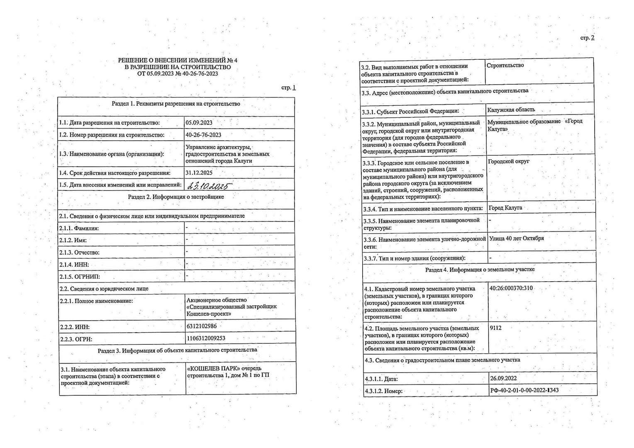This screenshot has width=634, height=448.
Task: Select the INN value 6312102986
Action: coord(202,326)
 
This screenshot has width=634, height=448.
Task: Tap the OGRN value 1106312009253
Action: coord(206,338)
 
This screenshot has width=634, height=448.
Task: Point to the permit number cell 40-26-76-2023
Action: coord(203,135)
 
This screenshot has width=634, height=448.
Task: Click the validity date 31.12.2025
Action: coord(199,173)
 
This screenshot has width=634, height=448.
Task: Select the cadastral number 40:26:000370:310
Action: coord(511,288)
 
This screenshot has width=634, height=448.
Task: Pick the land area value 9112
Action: coord(495,328)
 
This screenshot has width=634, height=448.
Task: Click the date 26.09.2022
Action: coord(503,378)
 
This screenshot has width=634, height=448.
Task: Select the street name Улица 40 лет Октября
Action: coord(517,239)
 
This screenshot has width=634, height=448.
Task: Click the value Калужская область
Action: coord(511,110)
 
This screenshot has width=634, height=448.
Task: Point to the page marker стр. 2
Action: coord(587,38)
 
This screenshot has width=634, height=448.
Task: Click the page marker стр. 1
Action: coord(288,88)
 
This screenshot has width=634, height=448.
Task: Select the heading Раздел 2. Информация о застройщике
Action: coord(176,197)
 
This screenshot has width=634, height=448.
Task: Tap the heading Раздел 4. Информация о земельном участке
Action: coord(480,270)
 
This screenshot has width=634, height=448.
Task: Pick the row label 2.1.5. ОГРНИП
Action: coord(80,277)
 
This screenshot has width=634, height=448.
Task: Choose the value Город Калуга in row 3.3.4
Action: coord(505,208)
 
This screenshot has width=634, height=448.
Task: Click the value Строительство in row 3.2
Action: coord(505,66)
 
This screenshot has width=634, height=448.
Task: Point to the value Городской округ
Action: coord(509,161)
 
